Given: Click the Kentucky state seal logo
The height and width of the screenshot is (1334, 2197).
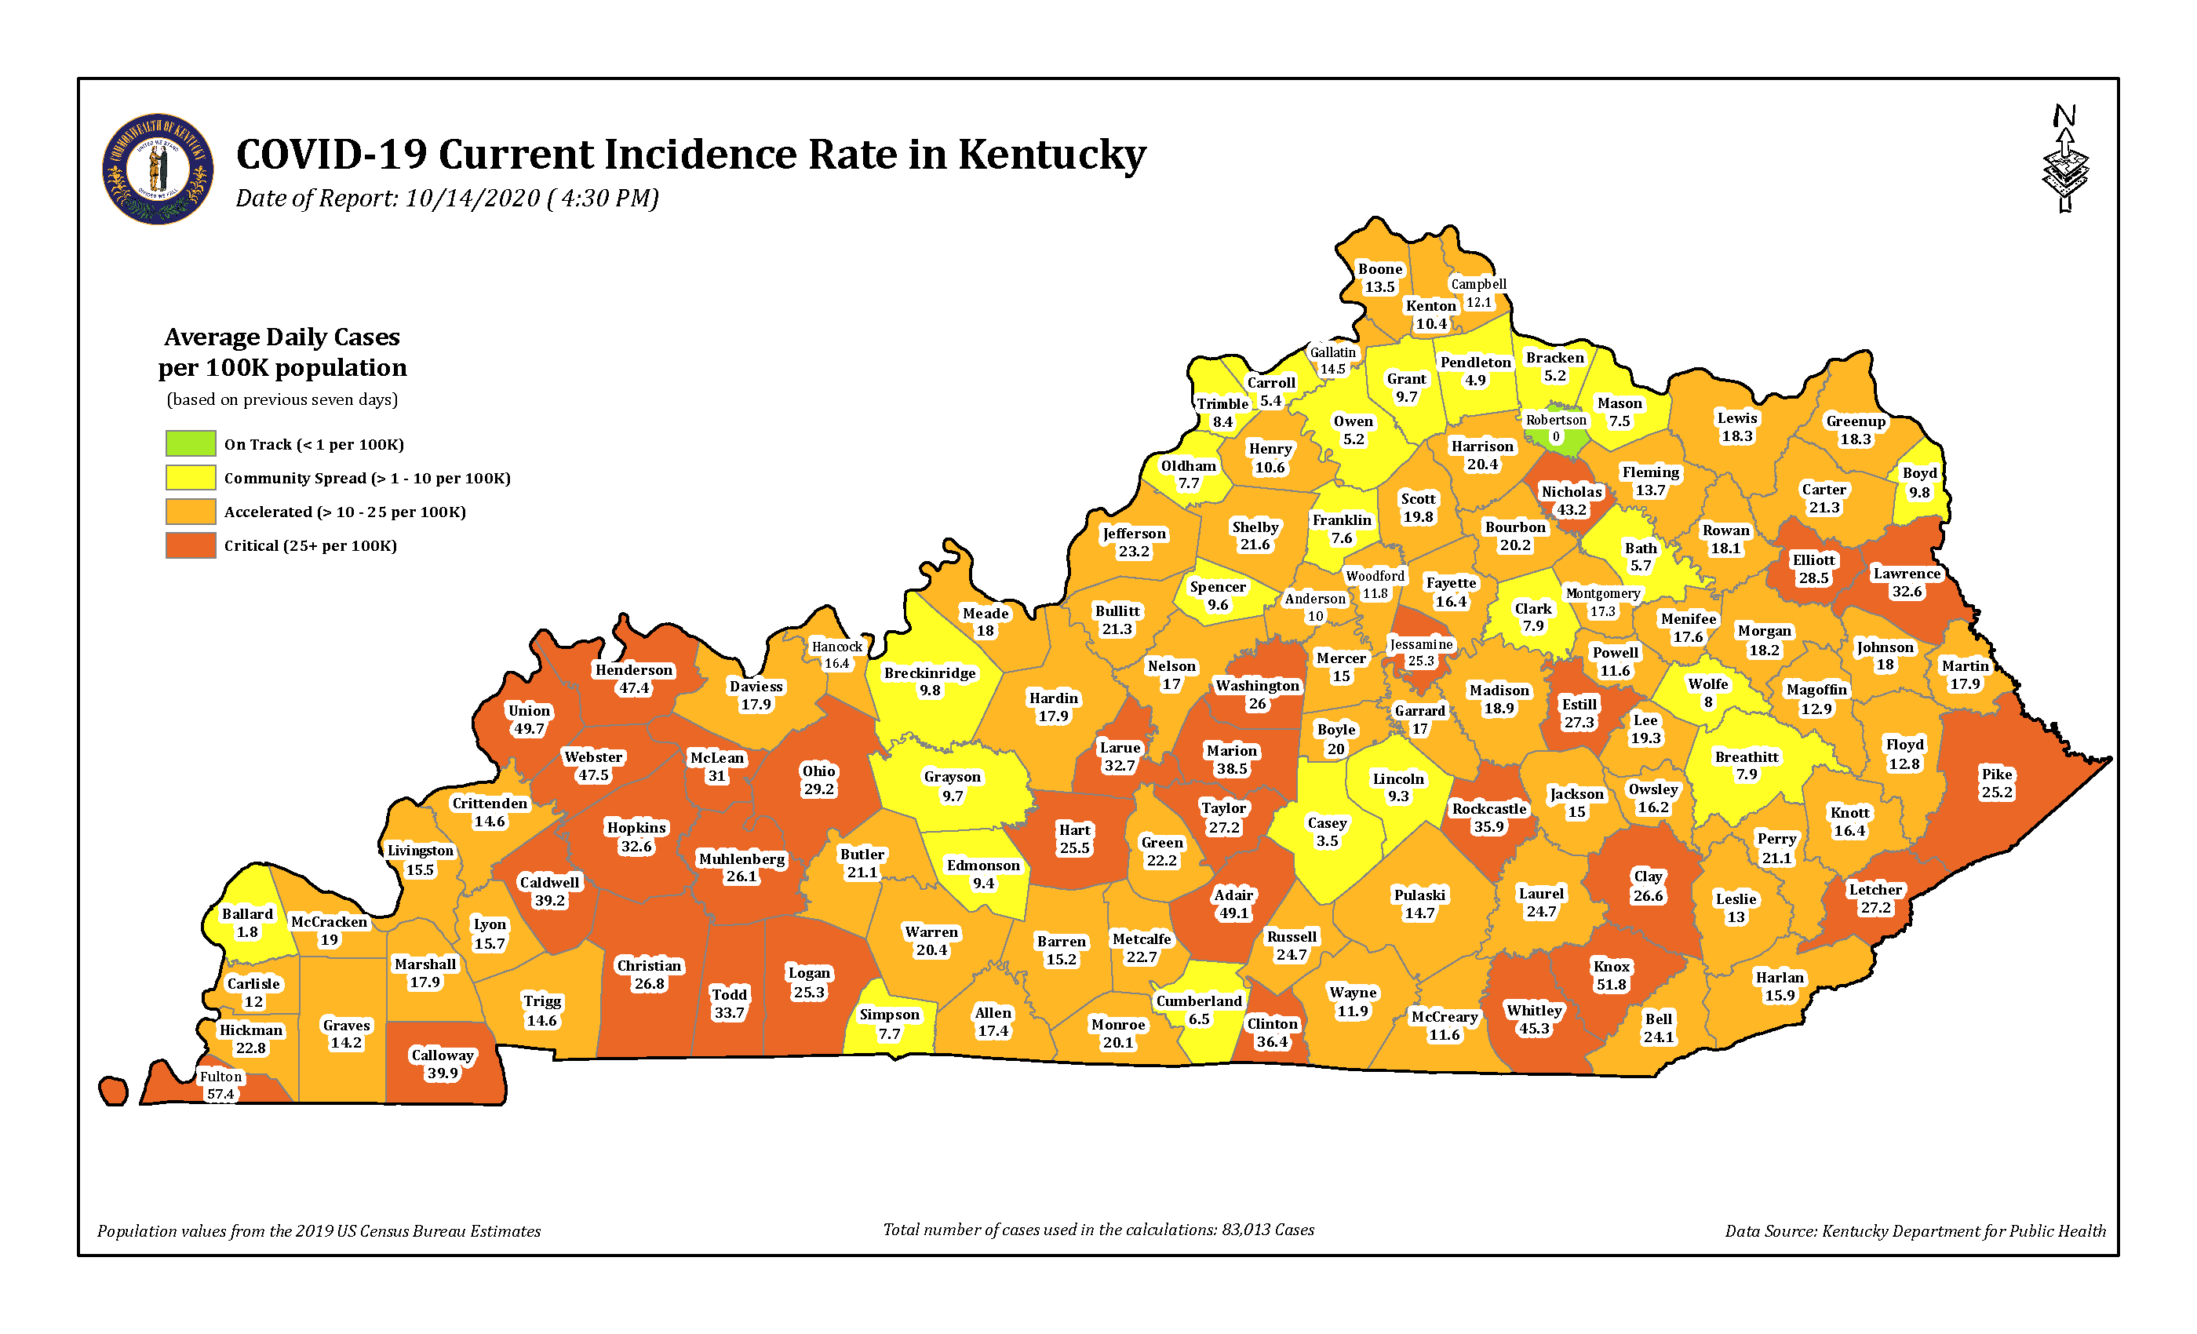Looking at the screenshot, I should pos(158,169).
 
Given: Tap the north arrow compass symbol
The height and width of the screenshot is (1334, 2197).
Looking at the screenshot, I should pos(2065,161).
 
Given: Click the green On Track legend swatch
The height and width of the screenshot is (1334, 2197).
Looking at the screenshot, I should pos(190,443).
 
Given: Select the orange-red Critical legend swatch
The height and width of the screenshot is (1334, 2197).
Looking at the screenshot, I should pos(190,545).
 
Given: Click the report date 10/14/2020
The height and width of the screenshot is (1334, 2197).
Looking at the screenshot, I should pos(472,198).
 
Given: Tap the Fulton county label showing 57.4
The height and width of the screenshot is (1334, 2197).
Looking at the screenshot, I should pos(220,1085).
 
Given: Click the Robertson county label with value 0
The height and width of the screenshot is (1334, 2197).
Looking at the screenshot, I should pos(1556,428).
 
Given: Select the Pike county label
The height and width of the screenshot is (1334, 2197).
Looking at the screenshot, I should pos(1996,783).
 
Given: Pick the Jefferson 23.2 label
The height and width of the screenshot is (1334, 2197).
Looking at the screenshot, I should pos(1133,542).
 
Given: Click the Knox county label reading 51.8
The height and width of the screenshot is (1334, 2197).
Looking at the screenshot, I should pos(1611,975).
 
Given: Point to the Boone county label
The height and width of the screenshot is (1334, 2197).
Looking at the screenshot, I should pos(1379,277).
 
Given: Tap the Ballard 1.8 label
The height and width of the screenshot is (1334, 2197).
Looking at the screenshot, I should pos(247,923).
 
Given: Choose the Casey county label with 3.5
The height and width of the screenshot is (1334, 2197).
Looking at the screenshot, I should pos(1327,831).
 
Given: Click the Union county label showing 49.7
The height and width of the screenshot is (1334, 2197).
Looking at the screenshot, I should pos(529,719).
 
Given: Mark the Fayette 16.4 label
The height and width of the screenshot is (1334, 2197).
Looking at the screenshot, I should pos(1451,591).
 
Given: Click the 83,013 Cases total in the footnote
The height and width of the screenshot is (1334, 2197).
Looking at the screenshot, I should pos(1267,1230).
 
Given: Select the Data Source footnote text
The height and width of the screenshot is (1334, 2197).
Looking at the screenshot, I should pos(1915,1230).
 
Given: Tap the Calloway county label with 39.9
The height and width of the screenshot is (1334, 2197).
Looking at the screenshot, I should pos(443,1063).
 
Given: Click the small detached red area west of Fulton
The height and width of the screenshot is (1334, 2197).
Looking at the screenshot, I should pos(113,1091).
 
